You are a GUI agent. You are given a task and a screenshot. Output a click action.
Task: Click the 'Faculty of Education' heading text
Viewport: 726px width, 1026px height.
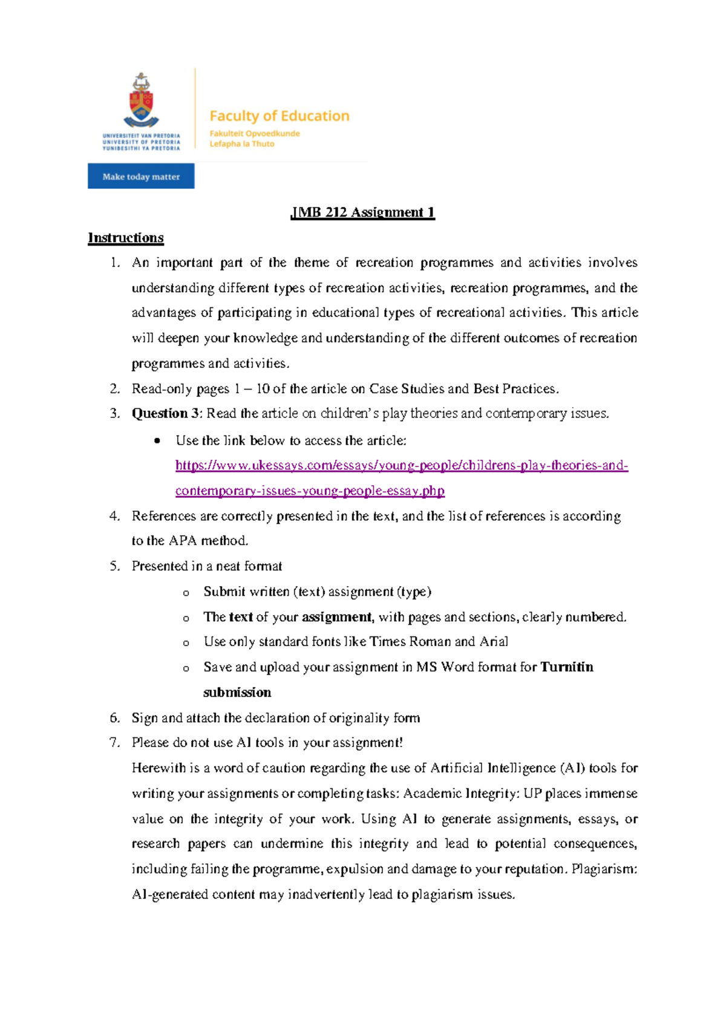[279, 116]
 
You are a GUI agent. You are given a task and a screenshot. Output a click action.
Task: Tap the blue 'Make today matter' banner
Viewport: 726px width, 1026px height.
[141, 177]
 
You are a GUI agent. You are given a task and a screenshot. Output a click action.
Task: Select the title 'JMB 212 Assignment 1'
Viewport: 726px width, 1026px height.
[362, 212]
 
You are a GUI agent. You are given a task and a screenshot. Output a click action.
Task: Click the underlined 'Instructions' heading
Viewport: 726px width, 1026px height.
[126, 238]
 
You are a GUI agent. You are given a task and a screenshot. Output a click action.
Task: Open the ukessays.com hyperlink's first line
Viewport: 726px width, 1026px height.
[401, 466]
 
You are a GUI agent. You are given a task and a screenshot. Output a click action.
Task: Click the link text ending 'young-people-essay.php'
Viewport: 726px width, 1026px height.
[310, 491]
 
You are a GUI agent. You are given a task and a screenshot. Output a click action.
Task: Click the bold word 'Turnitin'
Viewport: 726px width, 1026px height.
[566, 667]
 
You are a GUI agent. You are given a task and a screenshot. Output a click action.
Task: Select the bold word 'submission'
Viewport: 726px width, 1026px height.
[237, 693]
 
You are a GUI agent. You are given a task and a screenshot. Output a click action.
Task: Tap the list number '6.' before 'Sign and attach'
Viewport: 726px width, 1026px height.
[115, 718]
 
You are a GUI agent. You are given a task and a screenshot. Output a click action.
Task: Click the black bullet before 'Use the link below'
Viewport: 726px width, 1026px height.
[157, 441]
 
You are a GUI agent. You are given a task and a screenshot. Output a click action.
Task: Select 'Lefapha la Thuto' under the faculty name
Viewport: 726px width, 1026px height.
[242, 144]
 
